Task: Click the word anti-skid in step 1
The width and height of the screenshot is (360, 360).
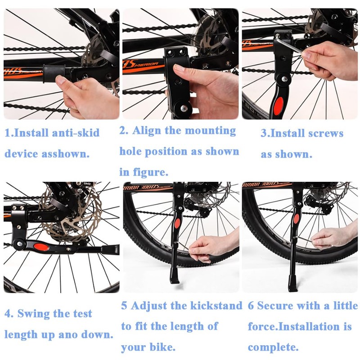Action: click(74, 133)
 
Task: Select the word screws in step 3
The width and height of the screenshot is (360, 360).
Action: click(326, 134)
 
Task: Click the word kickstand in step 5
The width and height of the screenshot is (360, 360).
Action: click(214, 306)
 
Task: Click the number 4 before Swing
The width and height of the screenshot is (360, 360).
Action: click(8, 314)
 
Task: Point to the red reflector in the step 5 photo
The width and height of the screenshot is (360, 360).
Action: click(178, 223)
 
